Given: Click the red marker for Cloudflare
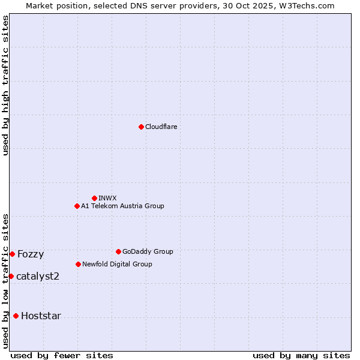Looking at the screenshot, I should tap(141, 127).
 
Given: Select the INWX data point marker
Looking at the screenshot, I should tap(94, 198).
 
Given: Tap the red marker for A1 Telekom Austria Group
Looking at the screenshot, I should tap(77, 206).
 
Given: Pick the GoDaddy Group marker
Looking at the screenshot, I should tap(118, 251).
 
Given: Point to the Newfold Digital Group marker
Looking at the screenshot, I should tap(78, 264).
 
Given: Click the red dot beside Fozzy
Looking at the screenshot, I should tap(12, 254).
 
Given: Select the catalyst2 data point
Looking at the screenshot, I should tap(11, 276).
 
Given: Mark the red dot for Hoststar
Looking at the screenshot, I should tap(16, 316).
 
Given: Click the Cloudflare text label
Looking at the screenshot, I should tap(161, 127).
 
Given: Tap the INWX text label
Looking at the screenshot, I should tap(107, 198).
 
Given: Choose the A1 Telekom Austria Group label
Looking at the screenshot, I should tap(122, 206).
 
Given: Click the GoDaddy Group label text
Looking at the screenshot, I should tap(148, 251).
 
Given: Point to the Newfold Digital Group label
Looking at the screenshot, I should tap(117, 264).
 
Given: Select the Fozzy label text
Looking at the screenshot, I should tap(31, 254).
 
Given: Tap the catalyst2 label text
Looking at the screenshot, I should tap(38, 276).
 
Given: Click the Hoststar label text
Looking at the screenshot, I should tap(41, 316).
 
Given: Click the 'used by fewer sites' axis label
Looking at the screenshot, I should tap(62, 355).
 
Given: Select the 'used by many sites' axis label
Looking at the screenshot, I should tap(301, 355).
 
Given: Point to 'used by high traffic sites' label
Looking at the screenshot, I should tap(5, 85).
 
